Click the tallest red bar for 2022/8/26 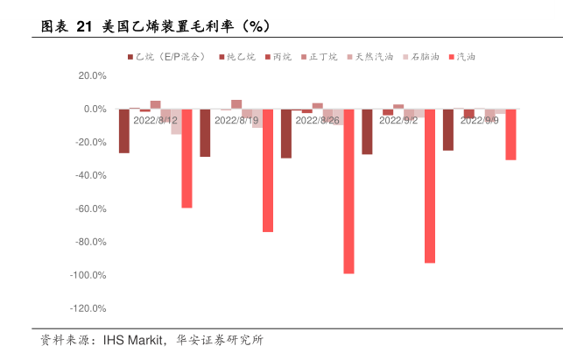coord(348,191)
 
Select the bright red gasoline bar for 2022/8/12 coord(186,158)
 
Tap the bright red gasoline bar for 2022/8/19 coord(268,170)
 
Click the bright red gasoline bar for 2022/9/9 coord(510,134)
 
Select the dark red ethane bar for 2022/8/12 coord(124,131)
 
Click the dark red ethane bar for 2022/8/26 coord(286,133)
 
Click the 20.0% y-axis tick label coord(92,75)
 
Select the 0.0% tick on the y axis coord(94,109)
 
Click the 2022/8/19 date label coord(236,120)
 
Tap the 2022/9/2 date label coord(398,120)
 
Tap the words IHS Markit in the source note coord(132,340)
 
